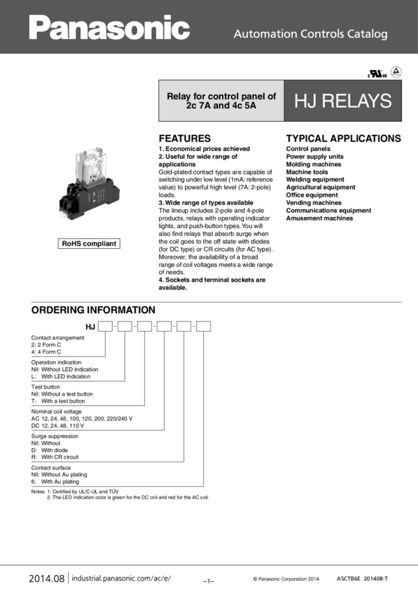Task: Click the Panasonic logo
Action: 109,29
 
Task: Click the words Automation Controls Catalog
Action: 310,33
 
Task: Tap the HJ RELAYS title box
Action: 343,102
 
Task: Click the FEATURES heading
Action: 184,138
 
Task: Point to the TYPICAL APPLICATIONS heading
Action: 344,138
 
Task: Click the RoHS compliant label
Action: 89,243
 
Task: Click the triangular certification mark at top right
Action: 395,72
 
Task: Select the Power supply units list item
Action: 314,156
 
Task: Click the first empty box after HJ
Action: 105,325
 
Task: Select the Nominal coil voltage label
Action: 56,410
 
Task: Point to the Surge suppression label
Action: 56,435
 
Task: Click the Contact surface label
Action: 51,467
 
